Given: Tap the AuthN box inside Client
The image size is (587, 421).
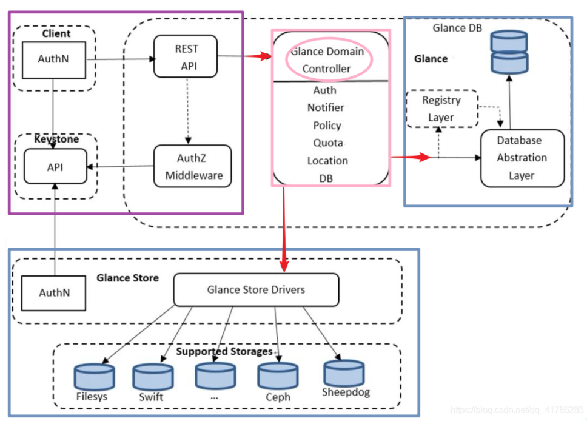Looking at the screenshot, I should click(53, 59).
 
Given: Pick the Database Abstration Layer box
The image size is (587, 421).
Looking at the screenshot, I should click(522, 158).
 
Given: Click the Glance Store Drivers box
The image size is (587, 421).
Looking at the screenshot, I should click(256, 289).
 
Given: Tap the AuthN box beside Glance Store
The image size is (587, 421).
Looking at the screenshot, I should click(54, 292).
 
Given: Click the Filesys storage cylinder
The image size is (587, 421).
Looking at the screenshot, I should click(94, 376).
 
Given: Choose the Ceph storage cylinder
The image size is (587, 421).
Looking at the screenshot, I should click(277, 375).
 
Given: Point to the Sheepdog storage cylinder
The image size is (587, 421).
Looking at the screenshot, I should click(344, 372).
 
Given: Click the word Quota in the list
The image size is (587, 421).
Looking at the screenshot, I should click(327, 143).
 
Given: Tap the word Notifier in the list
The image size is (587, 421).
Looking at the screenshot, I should click(326, 108).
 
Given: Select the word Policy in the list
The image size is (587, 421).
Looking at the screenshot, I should click(326, 126).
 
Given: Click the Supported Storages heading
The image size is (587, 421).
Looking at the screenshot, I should click(224, 352).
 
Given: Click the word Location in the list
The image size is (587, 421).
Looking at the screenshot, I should click(327, 161).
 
